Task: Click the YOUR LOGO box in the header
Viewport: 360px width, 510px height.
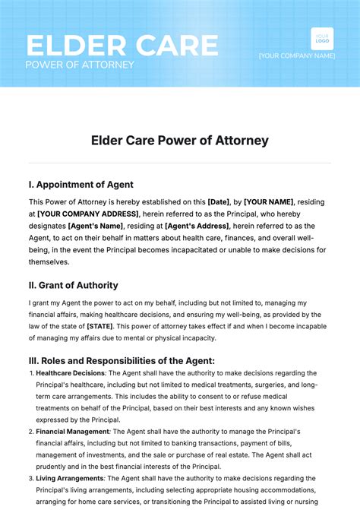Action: [x=322, y=39]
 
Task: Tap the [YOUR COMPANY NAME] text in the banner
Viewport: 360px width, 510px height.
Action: [x=296, y=55]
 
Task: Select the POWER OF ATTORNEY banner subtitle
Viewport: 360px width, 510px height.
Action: [x=80, y=65]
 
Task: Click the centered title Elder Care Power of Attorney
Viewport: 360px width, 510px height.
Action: [x=180, y=141]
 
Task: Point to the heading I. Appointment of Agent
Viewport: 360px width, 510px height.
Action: [x=81, y=184]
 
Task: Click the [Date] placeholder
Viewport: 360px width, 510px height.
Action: [x=220, y=201]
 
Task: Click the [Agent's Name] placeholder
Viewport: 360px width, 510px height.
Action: [x=95, y=226]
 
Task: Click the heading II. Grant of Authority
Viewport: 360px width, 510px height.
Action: [x=73, y=286]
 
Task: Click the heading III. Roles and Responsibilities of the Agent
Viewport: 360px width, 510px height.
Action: [x=122, y=360]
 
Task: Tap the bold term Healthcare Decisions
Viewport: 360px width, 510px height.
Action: [x=70, y=373]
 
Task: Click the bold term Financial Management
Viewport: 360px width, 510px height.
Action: [x=73, y=431]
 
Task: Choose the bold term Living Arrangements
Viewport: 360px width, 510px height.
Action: [x=71, y=478]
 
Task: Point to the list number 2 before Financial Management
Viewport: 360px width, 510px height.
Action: [x=32, y=431]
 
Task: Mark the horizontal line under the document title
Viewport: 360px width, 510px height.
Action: [x=180, y=163]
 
